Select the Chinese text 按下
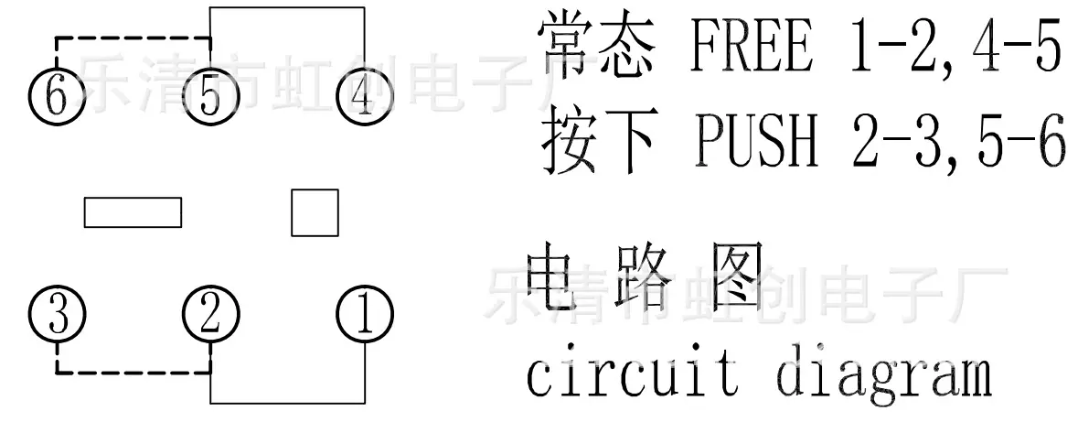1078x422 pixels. coord(597,140)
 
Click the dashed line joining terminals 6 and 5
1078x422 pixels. coord(133,38)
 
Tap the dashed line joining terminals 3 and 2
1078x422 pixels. coord(133,373)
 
